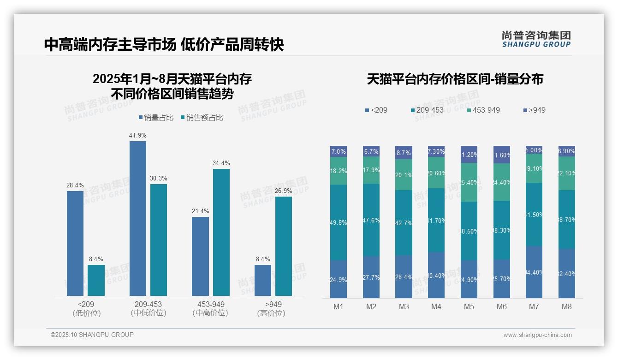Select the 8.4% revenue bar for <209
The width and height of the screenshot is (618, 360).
(96, 280)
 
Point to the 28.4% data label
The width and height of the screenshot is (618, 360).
(75, 185)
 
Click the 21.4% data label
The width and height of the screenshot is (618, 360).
(200, 211)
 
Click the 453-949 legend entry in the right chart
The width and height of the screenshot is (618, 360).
(483, 110)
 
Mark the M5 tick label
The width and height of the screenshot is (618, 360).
(469, 306)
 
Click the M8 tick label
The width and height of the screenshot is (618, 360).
(567, 306)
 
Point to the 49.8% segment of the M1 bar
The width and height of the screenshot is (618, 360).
(339, 222)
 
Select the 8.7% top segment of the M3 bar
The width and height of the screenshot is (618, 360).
(404, 152)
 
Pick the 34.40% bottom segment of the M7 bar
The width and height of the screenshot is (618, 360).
(534, 272)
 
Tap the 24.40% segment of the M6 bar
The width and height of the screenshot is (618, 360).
(502, 182)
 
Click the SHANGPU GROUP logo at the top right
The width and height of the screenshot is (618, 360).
(536, 39)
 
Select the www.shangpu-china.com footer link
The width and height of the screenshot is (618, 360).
(537, 335)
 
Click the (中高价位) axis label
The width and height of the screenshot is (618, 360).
(210, 313)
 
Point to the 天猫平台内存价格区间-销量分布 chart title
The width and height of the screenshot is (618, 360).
(455, 79)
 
